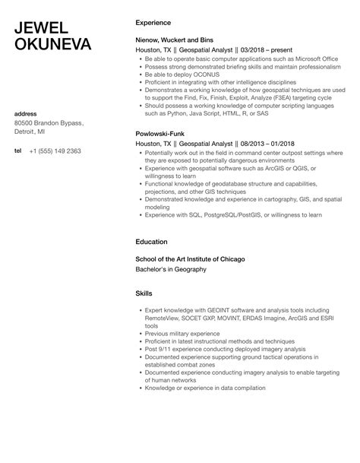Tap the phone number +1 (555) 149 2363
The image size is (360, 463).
click(x=55, y=151)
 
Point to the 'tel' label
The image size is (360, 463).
click(x=18, y=151)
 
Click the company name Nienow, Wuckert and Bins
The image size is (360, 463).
click(x=175, y=44)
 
